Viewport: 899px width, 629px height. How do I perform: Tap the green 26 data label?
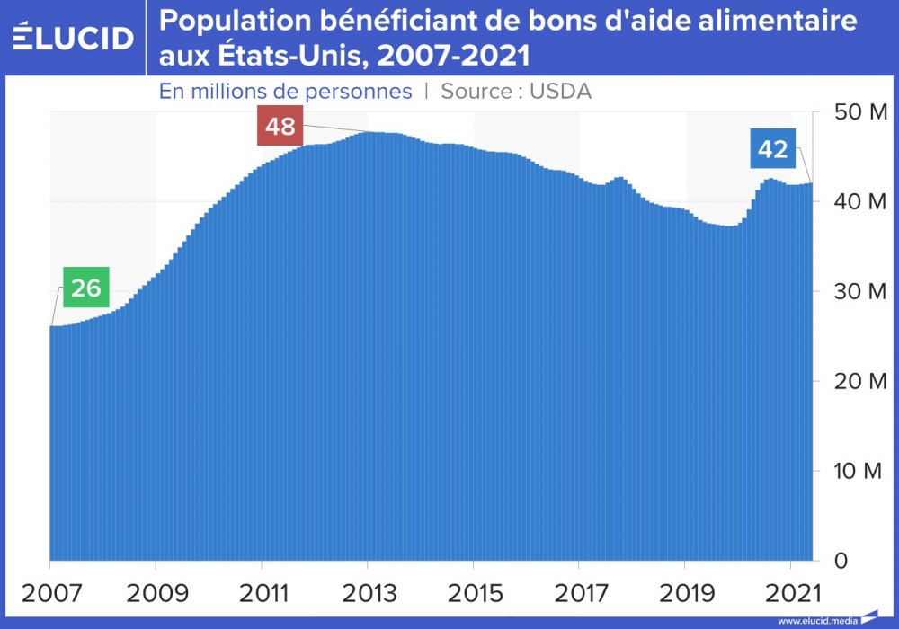pyautogui.click(x=85, y=288)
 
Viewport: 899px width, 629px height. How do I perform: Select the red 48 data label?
pyautogui.click(x=280, y=127)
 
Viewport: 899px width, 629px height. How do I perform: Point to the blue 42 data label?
pyautogui.click(x=772, y=149)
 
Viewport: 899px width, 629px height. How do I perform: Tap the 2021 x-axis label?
pyautogui.click(x=790, y=594)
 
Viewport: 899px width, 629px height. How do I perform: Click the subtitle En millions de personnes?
pyautogui.click(x=286, y=92)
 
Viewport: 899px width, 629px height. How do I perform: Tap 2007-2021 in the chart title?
pyautogui.click(x=454, y=57)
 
